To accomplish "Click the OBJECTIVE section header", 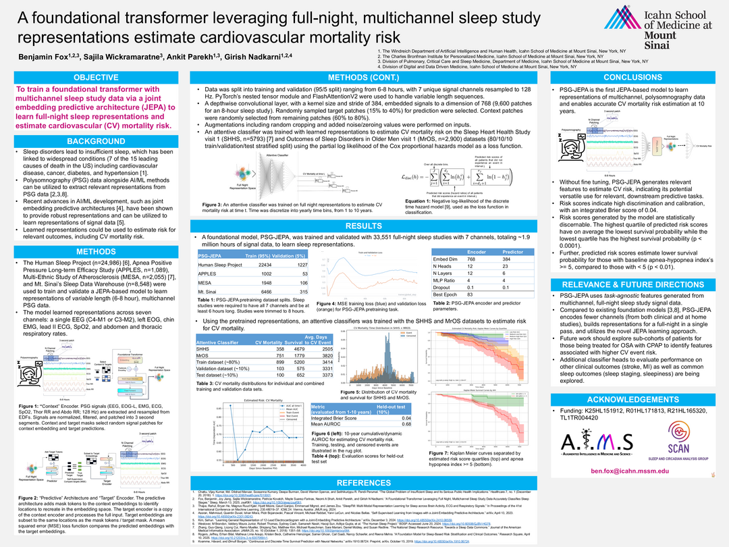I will pos(95,77).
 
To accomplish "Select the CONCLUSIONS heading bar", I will pos(633,77).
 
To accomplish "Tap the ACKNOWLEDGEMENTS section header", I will pos(633,399).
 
